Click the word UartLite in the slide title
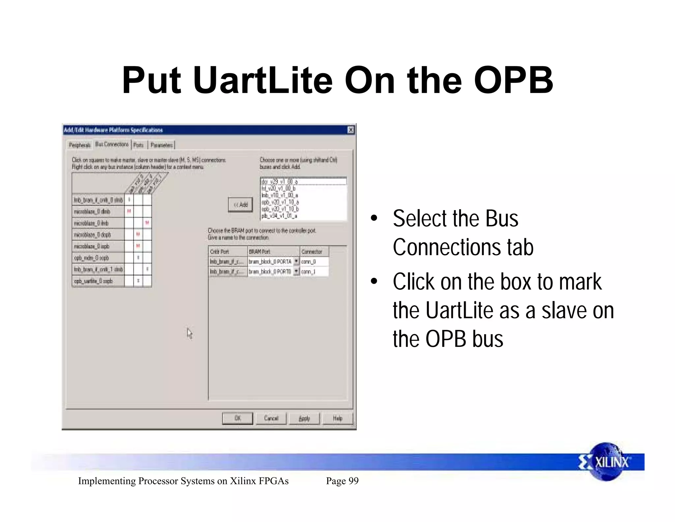point(263,80)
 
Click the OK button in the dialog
point(237,418)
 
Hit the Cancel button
point(271,418)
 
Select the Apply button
point(304,418)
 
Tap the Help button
point(337,418)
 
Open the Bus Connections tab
point(112,144)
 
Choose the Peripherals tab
point(79,145)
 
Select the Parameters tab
point(161,145)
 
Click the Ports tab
point(138,145)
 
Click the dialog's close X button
point(351,130)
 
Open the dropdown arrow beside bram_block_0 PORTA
point(296,261)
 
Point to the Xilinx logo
point(606,462)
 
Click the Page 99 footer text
point(342,481)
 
